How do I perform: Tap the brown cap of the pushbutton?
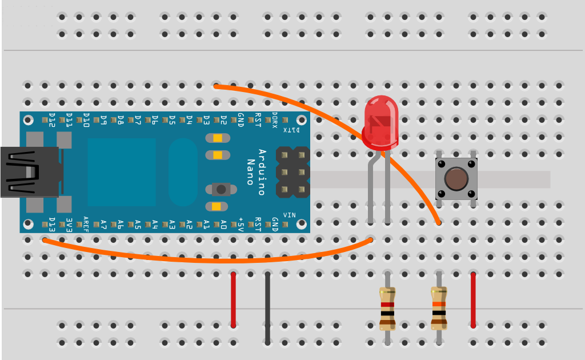pos(456,179)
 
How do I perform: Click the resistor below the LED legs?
pos(387,309)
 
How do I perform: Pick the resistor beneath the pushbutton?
pos(439,309)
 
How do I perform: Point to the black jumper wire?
pos(267,309)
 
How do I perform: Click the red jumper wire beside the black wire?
pos(233,300)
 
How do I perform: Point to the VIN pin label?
pos(290,215)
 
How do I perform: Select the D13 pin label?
pos(53,225)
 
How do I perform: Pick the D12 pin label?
pos(52,120)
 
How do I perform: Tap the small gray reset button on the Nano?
pos(221,189)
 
